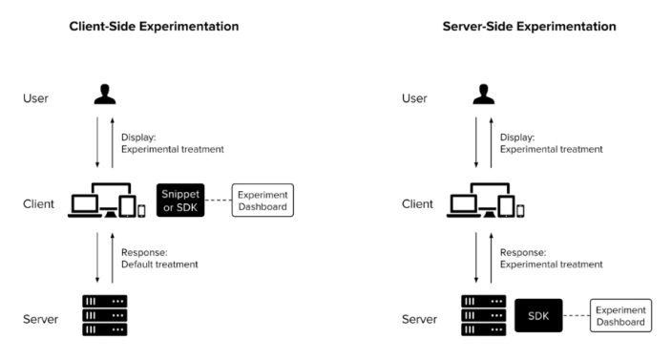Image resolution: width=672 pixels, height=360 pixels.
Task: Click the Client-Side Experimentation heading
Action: click(154, 26)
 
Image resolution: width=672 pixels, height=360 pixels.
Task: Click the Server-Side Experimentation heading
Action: click(529, 26)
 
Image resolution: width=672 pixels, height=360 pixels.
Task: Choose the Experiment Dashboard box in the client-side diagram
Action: click(262, 201)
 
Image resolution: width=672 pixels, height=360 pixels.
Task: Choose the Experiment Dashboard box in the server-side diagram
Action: click(621, 314)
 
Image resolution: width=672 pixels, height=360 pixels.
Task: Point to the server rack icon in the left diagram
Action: click(105, 314)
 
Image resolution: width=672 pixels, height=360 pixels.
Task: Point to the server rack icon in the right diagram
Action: click(483, 314)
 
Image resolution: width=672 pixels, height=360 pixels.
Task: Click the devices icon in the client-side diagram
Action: click(107, 201)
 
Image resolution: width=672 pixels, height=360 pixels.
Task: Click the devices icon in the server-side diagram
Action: click(486, 201)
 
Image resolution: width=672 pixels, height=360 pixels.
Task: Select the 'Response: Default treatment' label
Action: click(159, 258)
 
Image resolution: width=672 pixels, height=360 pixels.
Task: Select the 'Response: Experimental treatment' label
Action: click(551, 258)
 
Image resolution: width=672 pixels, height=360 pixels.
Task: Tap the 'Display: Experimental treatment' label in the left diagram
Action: click(172, 142)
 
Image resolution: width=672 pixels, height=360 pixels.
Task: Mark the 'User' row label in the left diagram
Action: click(36, 97)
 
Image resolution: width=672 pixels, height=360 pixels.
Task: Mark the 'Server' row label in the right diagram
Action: click(419, 318)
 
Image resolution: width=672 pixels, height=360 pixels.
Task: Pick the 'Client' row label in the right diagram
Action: click(417, 203)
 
